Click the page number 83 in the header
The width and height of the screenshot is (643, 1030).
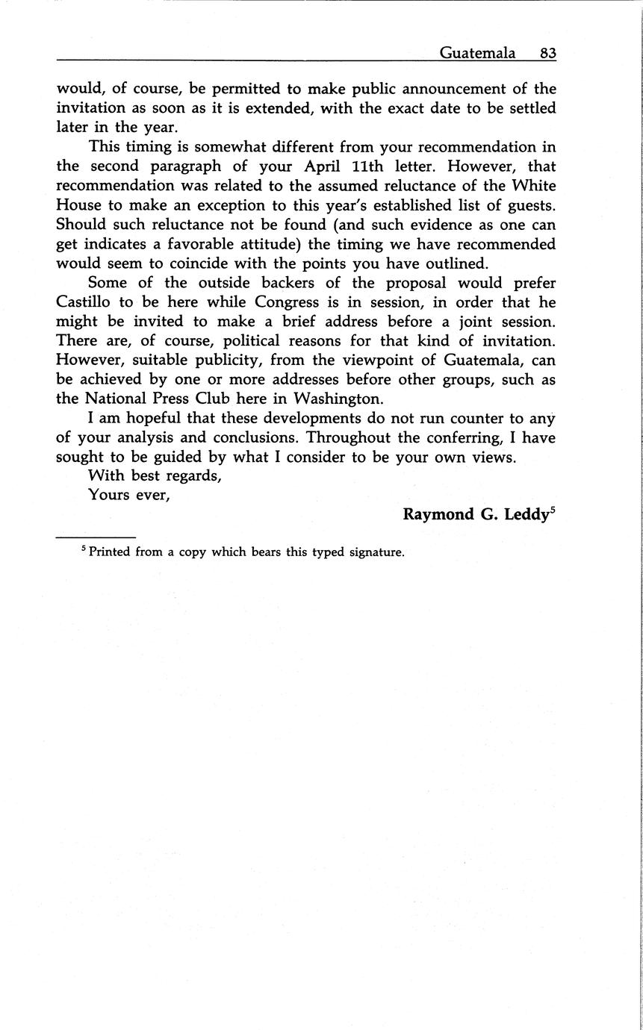pos(547,53)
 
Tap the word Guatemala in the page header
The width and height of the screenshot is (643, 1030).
pos(477,53)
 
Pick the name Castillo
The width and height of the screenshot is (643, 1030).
pos(84,302)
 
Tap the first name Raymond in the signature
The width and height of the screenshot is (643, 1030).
pos(435,515)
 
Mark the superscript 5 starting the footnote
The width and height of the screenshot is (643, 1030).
pos(84,550)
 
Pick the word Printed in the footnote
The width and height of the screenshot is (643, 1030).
pos(110,553)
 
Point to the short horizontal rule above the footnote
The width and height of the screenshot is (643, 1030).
pos(96,537)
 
